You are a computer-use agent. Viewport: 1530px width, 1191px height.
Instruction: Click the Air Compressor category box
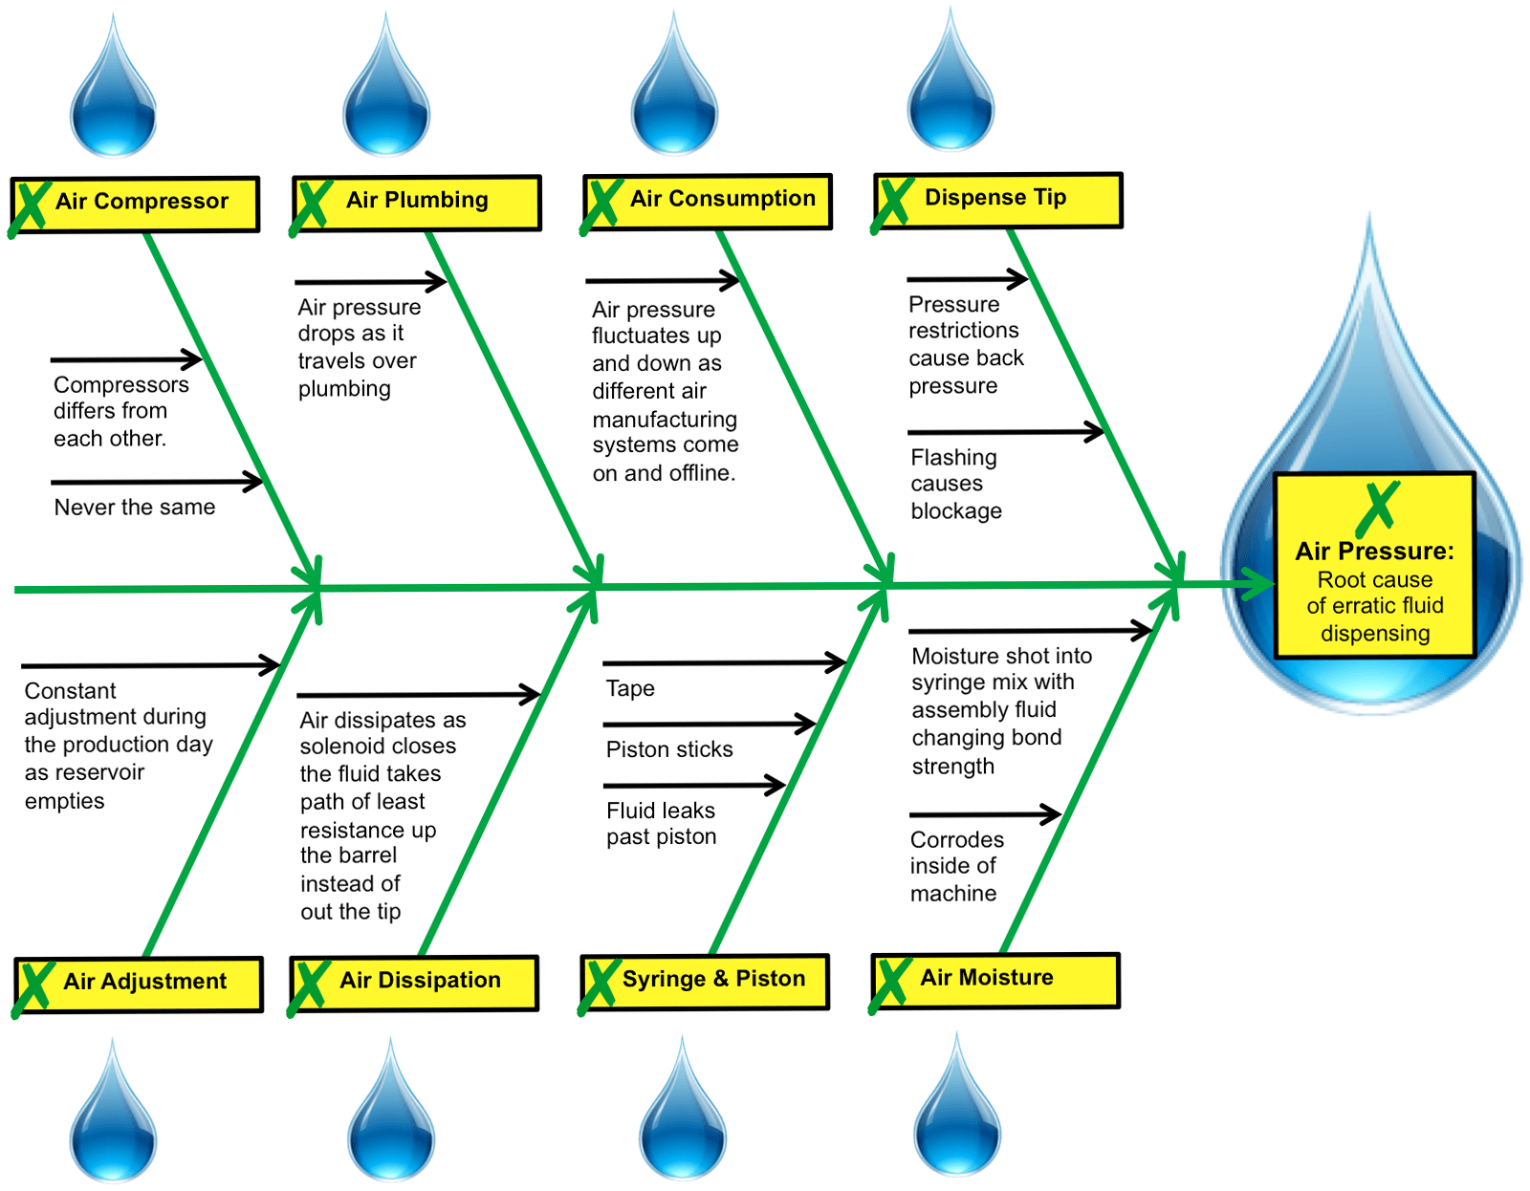click(136, 204)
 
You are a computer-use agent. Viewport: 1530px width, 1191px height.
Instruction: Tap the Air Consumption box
click(708, 201)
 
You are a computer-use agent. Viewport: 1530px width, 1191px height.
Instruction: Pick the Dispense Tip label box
click(998, 200)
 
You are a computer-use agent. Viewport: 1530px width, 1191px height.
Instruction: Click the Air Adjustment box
click(140, 984)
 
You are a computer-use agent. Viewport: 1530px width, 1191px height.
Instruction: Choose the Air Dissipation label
click(415, 983)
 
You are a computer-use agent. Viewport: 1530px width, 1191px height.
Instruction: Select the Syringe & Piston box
click(706, 981)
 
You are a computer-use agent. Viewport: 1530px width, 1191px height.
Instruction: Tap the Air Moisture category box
click(996, 980)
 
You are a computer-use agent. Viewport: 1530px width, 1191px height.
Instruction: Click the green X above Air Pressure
click(1377, 509)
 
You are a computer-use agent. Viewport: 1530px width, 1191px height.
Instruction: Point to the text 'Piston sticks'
click(669, 749)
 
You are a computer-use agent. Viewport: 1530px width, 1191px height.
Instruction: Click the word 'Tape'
click(630, 688)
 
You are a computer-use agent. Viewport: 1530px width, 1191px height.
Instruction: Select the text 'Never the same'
click(135, 508)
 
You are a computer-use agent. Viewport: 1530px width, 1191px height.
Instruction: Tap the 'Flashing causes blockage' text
click(955, 484)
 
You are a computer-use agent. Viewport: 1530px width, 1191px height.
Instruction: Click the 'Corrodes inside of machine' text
click(956, 866)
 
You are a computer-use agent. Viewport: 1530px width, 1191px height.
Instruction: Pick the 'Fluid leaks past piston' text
click(661, 823)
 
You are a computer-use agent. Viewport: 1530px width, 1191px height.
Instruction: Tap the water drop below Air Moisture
click(957, 1114)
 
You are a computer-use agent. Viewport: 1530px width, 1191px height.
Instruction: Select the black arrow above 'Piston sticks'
click(709, 725)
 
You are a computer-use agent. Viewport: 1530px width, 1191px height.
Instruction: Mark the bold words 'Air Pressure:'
click(1374, 552)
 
